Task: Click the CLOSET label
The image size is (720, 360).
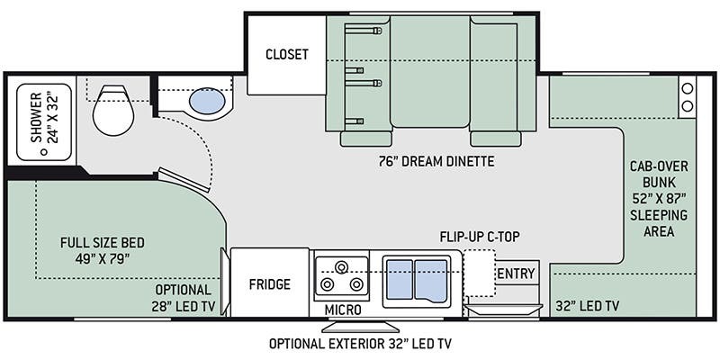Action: click(287, 54)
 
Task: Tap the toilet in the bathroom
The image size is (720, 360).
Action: click(113, 110)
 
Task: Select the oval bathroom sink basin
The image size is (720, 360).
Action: click(207, 102)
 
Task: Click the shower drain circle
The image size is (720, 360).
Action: click(44, 152)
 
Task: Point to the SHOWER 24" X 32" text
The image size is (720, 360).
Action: click(44, 118)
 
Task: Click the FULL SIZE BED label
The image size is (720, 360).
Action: click(103, 242)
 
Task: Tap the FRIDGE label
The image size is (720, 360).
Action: click(269, 284)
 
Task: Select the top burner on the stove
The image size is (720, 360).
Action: click(341, 266)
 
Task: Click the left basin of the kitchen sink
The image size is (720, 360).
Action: click(400, 279)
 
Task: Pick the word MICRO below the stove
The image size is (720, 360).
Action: click(343, 310)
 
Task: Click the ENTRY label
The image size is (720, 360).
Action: click(516, 274)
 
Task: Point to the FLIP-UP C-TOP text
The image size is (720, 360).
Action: click(480, 237)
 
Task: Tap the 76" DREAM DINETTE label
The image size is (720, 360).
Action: click(436, 162)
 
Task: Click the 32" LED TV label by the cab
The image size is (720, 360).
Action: click(588, 305)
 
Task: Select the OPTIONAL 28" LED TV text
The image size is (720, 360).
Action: click(184, 299)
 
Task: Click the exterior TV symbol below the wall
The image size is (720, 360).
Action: click(361, 327)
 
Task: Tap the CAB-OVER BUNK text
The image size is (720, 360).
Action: click(659, 174)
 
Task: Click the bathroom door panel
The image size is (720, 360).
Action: click(184, 181)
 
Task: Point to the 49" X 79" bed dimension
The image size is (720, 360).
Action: click(103, 259)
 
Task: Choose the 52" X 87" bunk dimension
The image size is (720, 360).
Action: click(659, 199)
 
